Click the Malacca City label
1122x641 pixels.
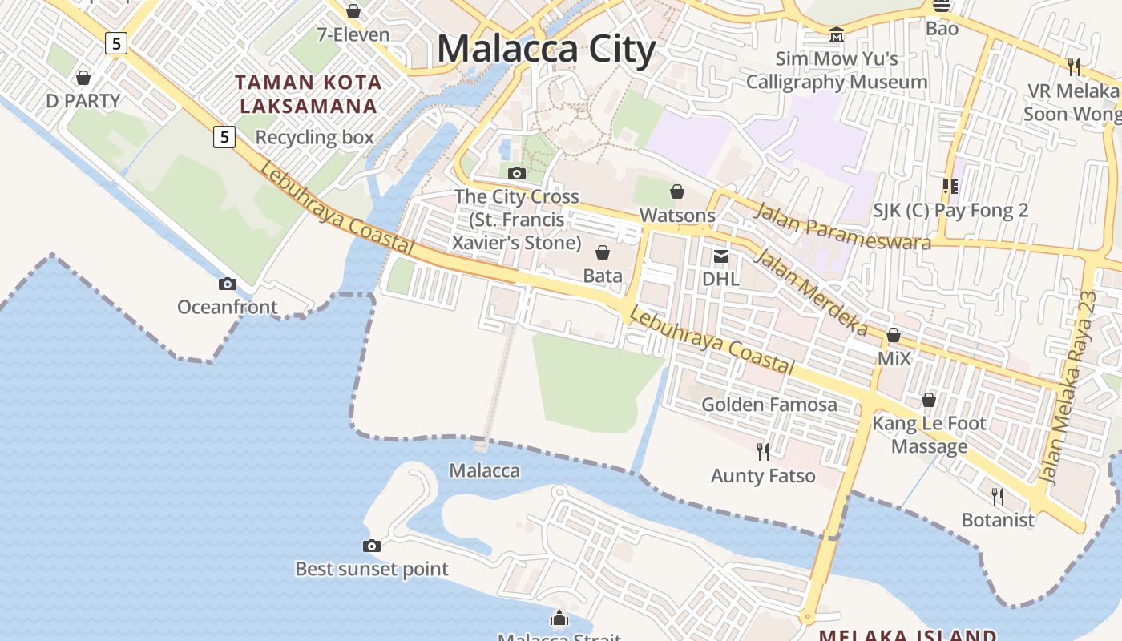click(546, 49)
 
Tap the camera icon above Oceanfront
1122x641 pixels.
click(228, 284)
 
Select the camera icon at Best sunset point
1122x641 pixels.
click(371, 546)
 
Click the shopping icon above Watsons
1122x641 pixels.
click(677, 191)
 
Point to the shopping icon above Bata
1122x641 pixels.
click(603, 252)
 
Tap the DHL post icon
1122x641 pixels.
click(721, 256)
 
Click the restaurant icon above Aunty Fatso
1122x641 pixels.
click(763, 452)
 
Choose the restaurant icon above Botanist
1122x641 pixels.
click(998, 496)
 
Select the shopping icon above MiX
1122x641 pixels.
click(894, 335)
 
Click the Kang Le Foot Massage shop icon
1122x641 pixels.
click(929, 399)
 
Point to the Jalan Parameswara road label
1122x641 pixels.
click(843, 226)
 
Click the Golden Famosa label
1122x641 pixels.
click(769, 405)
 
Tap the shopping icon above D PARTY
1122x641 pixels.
click(83, 78)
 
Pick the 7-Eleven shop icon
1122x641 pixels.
click(353, 11)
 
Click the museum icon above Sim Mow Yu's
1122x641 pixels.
click(837, 35)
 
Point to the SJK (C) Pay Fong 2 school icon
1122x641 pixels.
click(950, 187)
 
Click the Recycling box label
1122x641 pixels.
click(314, 137)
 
